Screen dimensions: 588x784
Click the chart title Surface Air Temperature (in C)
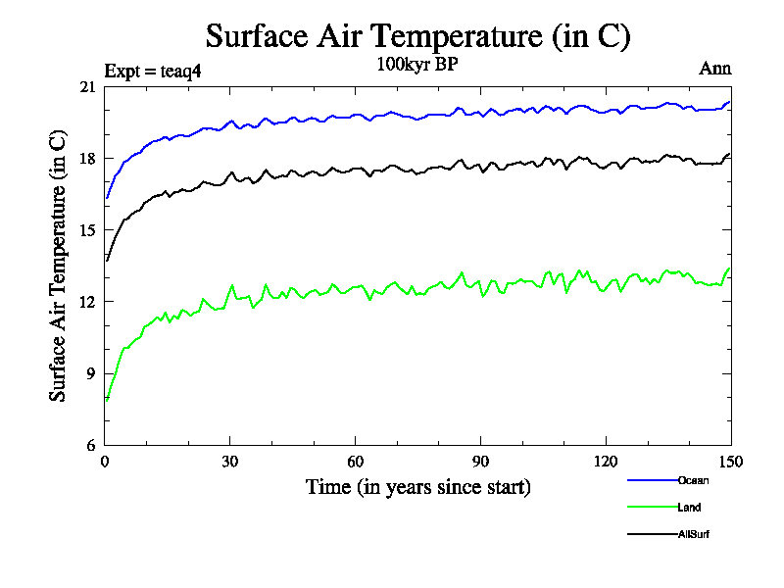[x=417, y=36]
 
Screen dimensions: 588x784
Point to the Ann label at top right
[x=714, y=69]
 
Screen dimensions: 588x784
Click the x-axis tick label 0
[x=105, y=462]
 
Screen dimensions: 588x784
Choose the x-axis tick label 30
[x=230, y=462]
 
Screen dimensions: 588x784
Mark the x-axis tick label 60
[x=356, y=462]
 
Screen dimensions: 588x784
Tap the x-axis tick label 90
[x=481, y=462]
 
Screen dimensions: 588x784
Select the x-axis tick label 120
[x=607, y=462]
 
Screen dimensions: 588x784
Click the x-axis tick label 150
[x=731, y=462]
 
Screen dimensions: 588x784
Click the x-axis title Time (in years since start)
[x=417, y=487]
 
